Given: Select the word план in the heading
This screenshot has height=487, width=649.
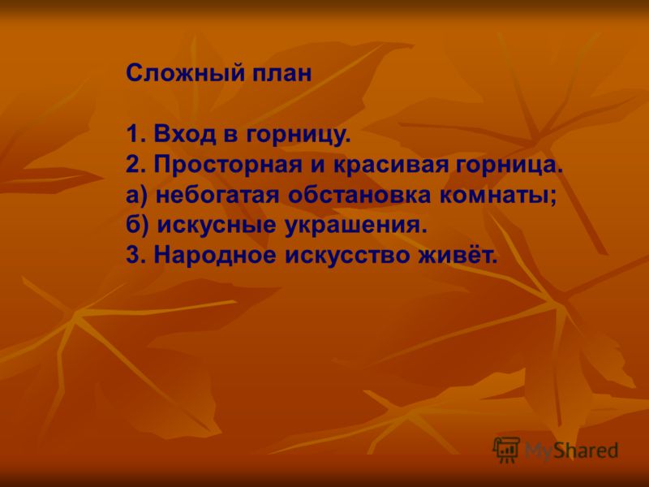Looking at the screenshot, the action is pos(282,74).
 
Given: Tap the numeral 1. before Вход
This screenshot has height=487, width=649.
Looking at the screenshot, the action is pos(136,134).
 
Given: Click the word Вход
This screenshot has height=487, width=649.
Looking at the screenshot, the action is pos(185,134).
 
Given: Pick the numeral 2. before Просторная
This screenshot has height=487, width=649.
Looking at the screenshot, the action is pos(136,165).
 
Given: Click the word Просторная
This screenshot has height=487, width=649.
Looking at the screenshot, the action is pos(228,166).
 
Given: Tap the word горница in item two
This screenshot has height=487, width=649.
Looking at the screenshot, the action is pos(509,166).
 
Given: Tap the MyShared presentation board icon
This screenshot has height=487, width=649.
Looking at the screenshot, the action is pos(506,450).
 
